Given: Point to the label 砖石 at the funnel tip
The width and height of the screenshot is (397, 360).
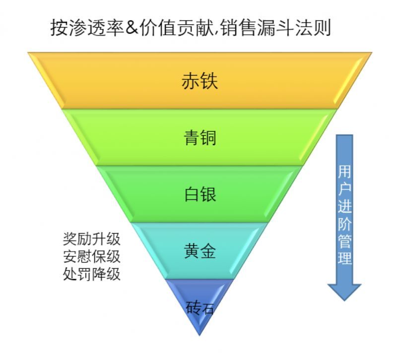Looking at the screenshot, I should pyautogui.click(x=200, y=308).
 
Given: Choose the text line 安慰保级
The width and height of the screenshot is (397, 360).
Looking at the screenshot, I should pyautogui.click(x=92, y=256).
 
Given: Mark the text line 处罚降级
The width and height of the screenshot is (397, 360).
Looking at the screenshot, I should pyautogui.click(x=92, y=274).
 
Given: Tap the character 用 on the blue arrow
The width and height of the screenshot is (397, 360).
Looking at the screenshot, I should pyautogui.click(x=344, y=172).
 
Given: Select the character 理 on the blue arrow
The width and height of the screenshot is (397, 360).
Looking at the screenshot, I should pyautogui.click(x=344, y=258).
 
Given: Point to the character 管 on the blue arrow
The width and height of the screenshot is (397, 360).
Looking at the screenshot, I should pyautogui.click(x=344, y=241).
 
